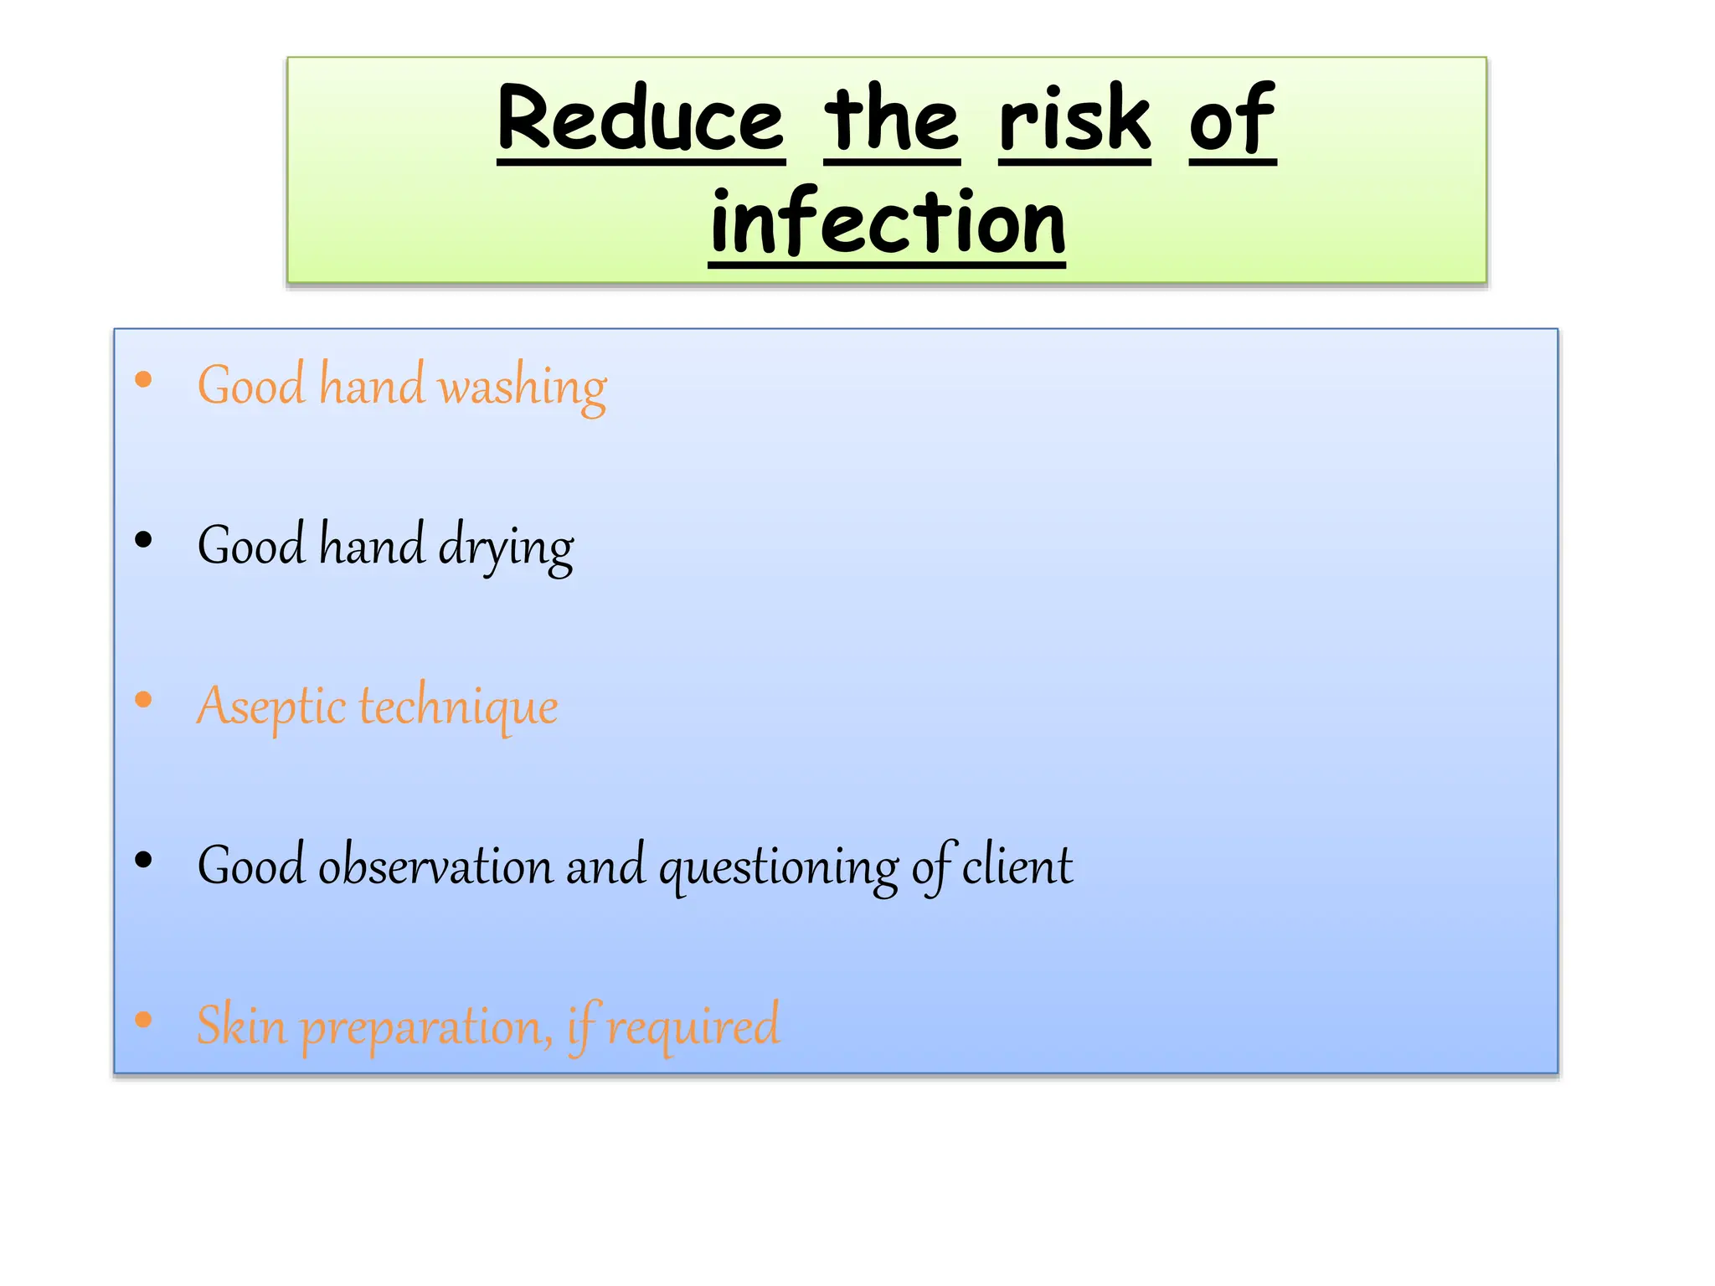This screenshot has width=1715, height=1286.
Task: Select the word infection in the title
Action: click(x=887, y=222)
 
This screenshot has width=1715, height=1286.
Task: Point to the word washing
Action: click(x=523, y=387)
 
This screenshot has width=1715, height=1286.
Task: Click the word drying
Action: click(x=506, y=548)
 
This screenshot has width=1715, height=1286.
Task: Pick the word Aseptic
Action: click(x=270, y=707)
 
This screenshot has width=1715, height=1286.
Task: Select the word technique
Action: click(x=458, y=707)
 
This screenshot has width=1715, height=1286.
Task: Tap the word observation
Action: click(x=435, y=866)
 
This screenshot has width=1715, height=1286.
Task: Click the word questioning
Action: click(x=779, y=867)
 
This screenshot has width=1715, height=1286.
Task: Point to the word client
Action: click(x=1017, y=866)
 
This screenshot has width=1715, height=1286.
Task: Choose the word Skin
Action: click(x=241, y=1025)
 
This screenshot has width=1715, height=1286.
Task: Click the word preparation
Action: click(x=425, y=1027)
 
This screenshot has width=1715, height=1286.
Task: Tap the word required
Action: click(x=693, y=1027)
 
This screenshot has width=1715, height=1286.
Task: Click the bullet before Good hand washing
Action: click(x=143, y=380)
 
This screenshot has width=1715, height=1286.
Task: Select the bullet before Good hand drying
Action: click(x=143, y=540)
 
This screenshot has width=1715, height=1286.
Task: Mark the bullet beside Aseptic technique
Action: click(x=143, y=700)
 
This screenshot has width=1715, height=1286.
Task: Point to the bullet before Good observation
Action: click(x=143, y=860)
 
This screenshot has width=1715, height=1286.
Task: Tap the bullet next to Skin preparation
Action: click(x=143, y=1020)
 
